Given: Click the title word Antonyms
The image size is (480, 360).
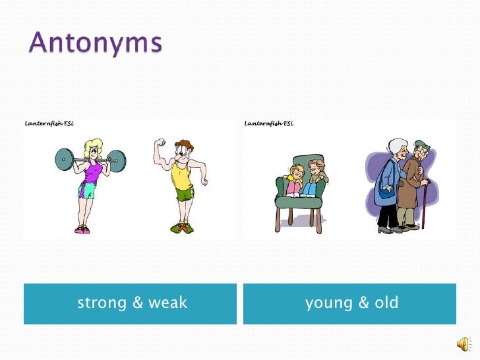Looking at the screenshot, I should pyautogui.click(x=95, y=44).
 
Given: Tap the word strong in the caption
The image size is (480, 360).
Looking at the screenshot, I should pyautogui.click(x=102, y=303).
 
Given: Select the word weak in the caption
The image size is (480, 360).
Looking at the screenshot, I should pyautogui.click(x=167, y=303).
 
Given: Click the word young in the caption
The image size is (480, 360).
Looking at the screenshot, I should pyautogui.click(x=328, y=303).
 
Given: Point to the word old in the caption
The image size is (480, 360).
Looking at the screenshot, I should pyautogui.click(x=386, y=303).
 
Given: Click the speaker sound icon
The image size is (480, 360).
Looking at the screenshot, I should pyautogui.click(x=464, y=344).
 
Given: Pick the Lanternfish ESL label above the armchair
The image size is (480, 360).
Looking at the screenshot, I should pyautogui.click(x=269, y=123).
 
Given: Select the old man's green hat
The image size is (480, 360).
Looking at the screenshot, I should pyautogui.click(x=421, y=145).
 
